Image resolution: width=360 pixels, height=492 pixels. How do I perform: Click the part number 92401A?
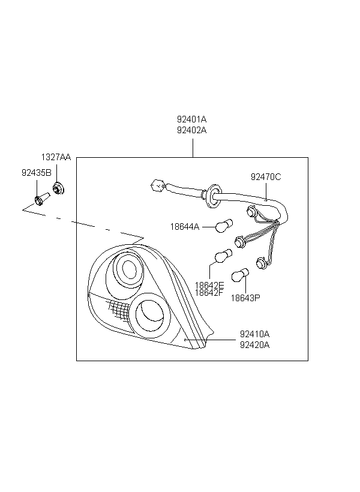tap(191, 119)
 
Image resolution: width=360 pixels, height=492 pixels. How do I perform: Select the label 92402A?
tap(191, 130)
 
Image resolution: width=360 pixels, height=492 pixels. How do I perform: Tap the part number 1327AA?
tap(56, 157)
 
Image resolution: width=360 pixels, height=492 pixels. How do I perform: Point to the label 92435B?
tap(37, 173)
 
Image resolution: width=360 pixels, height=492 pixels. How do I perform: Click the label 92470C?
tap(266, 177)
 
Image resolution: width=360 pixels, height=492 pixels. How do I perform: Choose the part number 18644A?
tap(185, 227)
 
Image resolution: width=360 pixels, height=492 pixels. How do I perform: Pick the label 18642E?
tap(209, 286)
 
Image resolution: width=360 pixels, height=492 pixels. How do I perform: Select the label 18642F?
tap(209, 293)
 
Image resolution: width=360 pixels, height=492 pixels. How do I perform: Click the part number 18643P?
tap(245, 298)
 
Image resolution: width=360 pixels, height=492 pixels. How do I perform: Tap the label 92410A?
tap(254, 334)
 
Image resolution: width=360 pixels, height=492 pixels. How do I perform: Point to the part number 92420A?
tap(254, 345)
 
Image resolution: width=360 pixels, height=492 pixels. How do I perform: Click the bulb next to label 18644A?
tap(224, 226)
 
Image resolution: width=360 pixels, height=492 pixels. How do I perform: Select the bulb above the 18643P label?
tap(240, 275)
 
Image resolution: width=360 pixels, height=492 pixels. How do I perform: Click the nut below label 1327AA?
tap(58, 188)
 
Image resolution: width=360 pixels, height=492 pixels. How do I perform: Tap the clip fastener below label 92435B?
tap(41, 199)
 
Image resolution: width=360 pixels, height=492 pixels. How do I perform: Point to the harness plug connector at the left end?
tap(158, 186)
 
